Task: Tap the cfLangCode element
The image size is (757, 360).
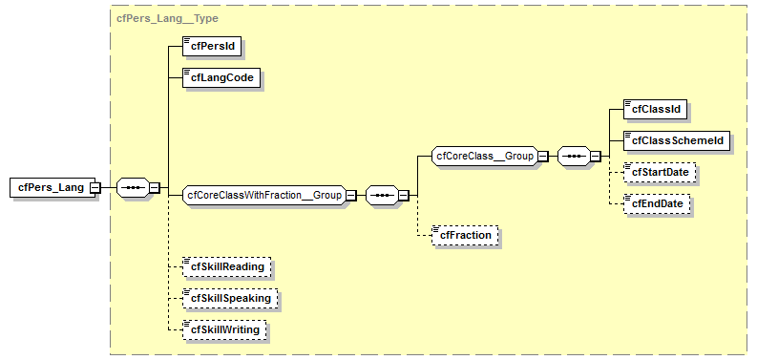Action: point(221,78)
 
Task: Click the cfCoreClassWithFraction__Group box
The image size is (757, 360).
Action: point(263,195)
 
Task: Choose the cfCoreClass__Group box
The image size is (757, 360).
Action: point(484,156)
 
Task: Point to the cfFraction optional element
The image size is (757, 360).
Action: point(465,234)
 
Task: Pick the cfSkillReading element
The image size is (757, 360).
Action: point(227,266)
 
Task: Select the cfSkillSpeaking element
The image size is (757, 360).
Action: point(230,298)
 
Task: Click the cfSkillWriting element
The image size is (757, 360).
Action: point(225,329)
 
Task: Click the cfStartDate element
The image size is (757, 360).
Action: point(660,172)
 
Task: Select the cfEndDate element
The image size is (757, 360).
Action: point(656,203)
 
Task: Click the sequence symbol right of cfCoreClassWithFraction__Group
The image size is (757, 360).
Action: point(379,195)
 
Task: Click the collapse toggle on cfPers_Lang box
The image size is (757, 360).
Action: point(95,187)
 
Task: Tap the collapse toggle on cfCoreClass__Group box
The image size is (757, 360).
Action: point(541,156)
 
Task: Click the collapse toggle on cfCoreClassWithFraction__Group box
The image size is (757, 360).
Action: point(349,195)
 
